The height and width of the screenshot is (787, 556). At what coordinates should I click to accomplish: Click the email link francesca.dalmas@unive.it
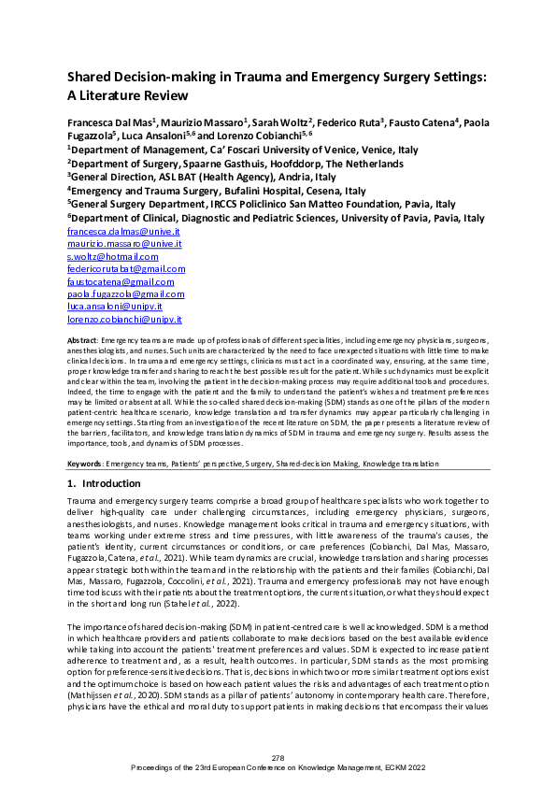pyautogui.click(x=123, y=231)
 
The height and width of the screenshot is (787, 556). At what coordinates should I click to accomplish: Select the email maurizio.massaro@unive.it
pyautogui.click(x=123, y=243)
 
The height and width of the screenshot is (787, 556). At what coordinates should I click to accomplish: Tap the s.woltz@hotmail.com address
pyautogui.click(x=112, y=256)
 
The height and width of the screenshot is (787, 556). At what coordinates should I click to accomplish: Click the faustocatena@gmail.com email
pyautogui.click(x=121, y=281)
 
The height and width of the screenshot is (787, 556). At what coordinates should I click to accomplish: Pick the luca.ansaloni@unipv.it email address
pyautogui.click(x=115, y=306)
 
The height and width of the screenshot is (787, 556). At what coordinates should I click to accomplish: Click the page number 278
pyautogui.click(x=278, y=756)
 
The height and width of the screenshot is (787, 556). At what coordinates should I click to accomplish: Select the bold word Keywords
pyautogui.click(x=86, y=464)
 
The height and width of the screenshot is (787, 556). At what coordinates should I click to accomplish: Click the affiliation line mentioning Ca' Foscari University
pyautogui.click(x=241, y=149)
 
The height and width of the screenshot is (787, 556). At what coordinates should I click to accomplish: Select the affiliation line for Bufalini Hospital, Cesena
pyautogui.click(x=216, y=190)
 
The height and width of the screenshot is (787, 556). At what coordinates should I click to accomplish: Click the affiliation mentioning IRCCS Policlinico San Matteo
pyautogui.click(x=261, y=204)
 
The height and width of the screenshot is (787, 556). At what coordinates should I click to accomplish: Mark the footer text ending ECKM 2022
pyautogui.click(x=278, y=768)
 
